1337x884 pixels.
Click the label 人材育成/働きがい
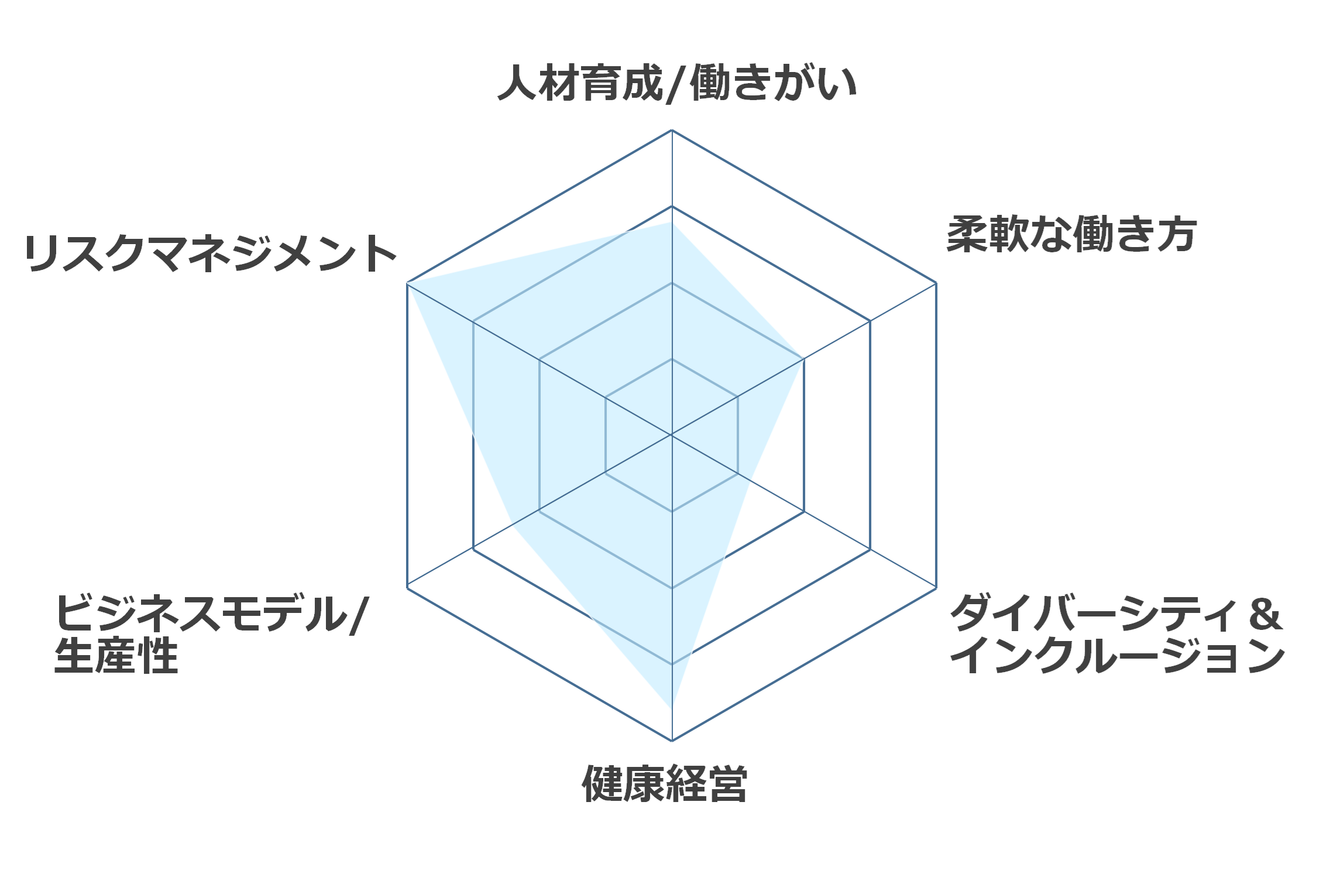[x=677, y=84]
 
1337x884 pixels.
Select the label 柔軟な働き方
[x=1071, y=235]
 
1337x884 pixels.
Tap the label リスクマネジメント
[x=211, y=253]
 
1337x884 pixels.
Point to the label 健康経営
[x=665, y=783]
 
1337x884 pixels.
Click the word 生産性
[x=116, y=656]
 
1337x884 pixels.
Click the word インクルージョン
[x=1118, y=656]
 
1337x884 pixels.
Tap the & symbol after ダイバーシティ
[x=1265, y=614]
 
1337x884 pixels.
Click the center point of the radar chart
[x=672, y=435]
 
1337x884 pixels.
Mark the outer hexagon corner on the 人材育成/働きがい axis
[x=672, y=130]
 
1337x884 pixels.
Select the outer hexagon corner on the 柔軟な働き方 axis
[x=936, y=283]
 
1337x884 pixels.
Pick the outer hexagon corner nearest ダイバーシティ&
[x=936, y=588]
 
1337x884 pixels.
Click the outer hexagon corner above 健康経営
[x=672, y=741]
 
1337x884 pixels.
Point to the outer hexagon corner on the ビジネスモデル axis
[x=407, y=588]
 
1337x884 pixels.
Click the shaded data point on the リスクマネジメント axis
[x=407, y=283]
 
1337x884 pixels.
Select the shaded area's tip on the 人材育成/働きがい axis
[x=672, y=222]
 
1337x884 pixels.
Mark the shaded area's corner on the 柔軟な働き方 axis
[x=802, y=360]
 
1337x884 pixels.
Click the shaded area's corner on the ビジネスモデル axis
[x=513, y=526]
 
